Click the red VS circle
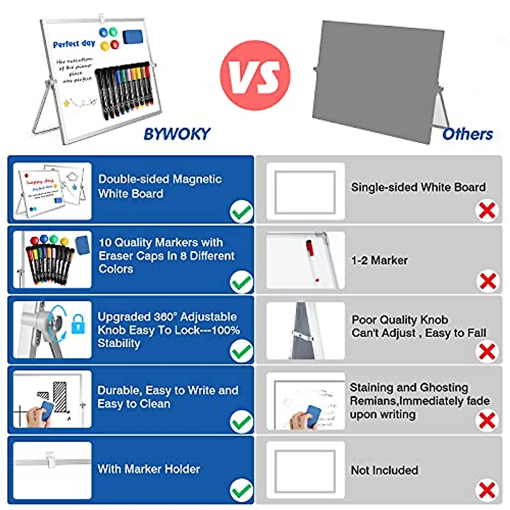click(x=255, y=75)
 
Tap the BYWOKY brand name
click(x=177, y=134)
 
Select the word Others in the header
click(x=467, y=134)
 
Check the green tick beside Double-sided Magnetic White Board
click(x=241, y=212)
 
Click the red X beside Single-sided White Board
click(x=487, y=210)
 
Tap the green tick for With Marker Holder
click(x=241, y=490)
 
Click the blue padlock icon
click(x=78, y=323)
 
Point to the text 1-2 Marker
click(x=379, y=260)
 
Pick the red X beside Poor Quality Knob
click(x=487, y=351)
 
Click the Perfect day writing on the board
click(x=74, y=43)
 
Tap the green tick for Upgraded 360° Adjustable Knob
click(x=241, y=351)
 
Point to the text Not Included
click(x=384, y=470)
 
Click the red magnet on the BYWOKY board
click(x=114, y=44)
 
